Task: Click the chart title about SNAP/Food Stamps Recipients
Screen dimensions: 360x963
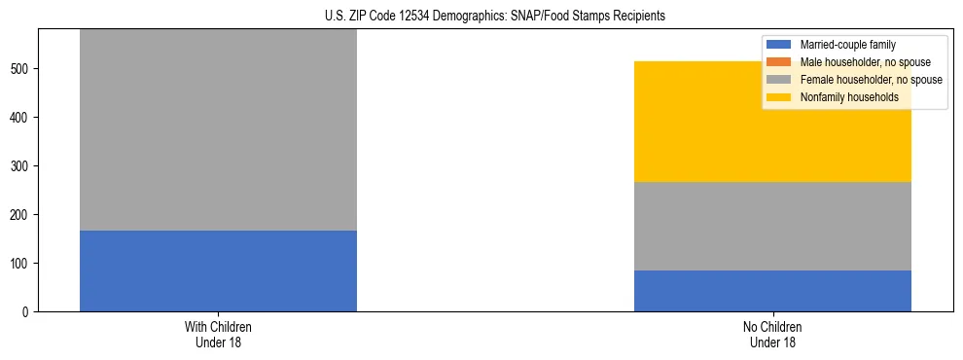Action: [481, 17]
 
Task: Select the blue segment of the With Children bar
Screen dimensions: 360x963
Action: [218, 270]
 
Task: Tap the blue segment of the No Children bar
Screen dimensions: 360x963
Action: [772, 291]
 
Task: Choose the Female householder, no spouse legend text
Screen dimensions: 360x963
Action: [870, 80]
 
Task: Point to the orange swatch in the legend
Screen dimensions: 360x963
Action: [779, 62]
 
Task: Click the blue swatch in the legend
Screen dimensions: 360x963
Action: [779, 45]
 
